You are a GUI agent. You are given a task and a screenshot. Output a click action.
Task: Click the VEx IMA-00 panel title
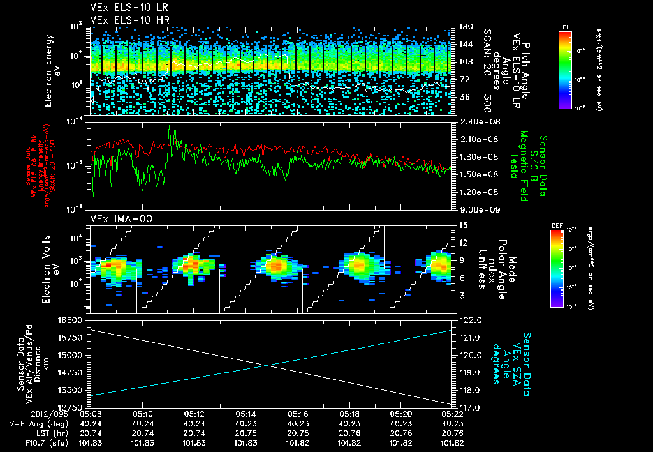pos(117,218)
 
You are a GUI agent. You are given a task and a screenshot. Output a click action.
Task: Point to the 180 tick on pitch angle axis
pos(464,27)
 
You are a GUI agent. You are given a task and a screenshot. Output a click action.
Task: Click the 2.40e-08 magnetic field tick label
pos(473,122)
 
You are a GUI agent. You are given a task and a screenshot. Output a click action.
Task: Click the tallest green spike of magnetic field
pos(170,128)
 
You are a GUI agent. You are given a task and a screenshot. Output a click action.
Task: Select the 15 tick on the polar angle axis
pos(462,225)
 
